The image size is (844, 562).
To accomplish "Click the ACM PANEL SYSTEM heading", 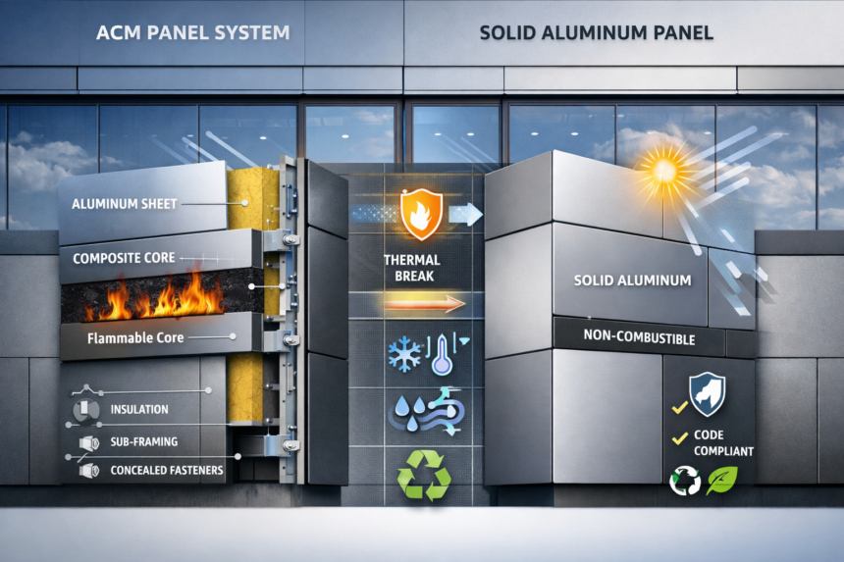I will pyautogui.click(x=193, y=32).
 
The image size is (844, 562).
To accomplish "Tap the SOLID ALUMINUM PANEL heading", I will pyautogui.click(x=597, y=32).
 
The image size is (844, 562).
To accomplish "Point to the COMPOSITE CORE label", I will pyautogui.click(x=125, y=259).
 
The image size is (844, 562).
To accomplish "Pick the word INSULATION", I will pyautogui.click(x=138, y=409).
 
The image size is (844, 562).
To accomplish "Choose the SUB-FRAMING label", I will pyautogui.click(x=144, y=441).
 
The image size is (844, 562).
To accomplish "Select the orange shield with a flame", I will pyautogui.click(x=421, y=213).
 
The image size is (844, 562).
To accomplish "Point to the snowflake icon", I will pyautogui.click(x=404, y=355).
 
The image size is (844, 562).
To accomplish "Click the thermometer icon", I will pyautogui.click(x=441, y=353).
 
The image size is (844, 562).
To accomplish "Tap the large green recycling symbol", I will pyautogui.click(x=423, y=477).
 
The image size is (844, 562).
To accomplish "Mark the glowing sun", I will pyautogui.click(x=664, y=170).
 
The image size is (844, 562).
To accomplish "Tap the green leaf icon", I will pyautogui.click(x=721, y=479).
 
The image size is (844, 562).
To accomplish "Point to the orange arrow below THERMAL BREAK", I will pyautogui.click(x=423, y=305).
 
